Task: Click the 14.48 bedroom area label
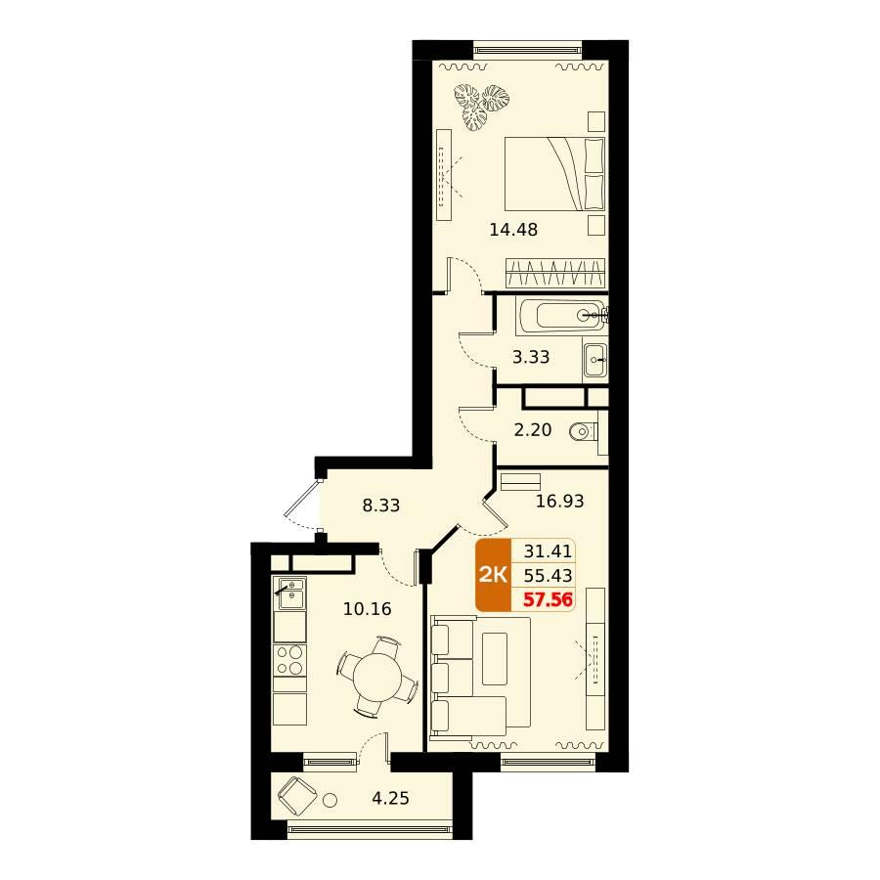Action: click(513, 230)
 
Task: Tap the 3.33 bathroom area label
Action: click(531, 357)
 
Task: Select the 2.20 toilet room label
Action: click(533, 430)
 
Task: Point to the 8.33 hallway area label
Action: click(381, 506)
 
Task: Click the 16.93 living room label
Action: click(560, 501)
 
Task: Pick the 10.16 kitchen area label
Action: click(367, 609)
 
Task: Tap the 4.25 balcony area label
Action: click(390, 798)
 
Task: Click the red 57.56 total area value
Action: click(548, 600)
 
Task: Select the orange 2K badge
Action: click(494, 575)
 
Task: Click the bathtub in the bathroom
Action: click(562, 316)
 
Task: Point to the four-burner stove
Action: click(289, 660)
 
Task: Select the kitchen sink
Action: click(289, 594)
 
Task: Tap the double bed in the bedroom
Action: click(554, 174)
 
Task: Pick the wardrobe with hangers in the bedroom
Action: click(555, 274)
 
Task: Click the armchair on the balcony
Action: click(297, 796)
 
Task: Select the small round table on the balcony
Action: click(330, 800)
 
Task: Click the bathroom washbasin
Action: click(594, 359)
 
